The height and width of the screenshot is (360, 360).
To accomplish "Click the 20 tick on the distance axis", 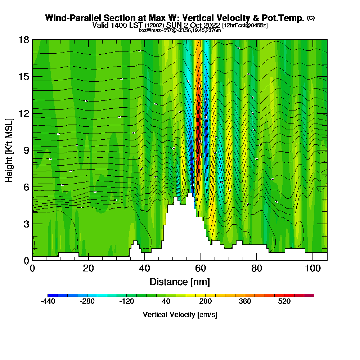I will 88,268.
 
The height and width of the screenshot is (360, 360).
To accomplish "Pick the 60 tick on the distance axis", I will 201,268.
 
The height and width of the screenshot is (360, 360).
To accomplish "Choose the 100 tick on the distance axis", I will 313,268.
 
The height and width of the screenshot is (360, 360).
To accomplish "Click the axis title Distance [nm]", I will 180,282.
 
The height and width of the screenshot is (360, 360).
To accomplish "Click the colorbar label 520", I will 284,302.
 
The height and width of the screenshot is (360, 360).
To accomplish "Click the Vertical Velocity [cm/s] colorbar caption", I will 180,315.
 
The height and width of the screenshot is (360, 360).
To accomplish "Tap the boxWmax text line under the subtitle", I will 180,30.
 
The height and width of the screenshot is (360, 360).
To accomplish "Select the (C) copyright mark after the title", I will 311,18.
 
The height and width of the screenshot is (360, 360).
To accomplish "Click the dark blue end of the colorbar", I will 50,295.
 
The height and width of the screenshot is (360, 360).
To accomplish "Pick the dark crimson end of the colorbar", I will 311,295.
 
